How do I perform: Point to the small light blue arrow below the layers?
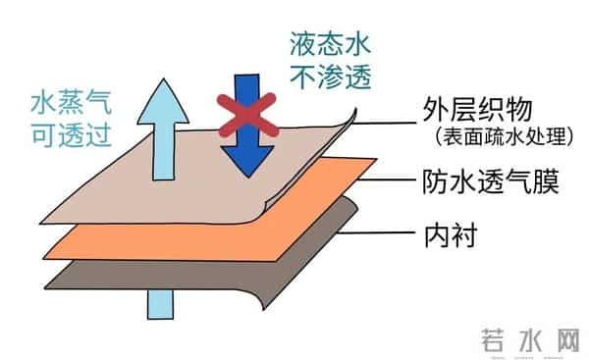pyautogui.click(x=158, y=301)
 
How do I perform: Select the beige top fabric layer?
pyautogui.click(x=177, y=191)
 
